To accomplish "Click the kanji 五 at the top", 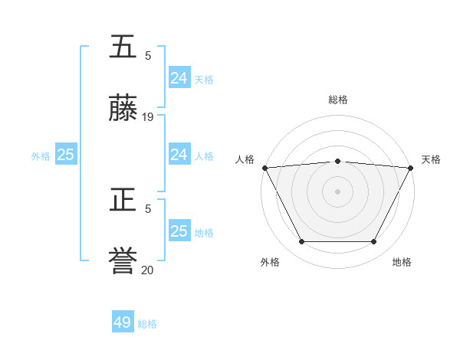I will coord(123,47).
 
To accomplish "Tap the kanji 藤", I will coord(123,110).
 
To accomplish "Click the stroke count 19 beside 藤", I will coord(148,117).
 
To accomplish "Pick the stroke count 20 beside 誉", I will coord(148,270).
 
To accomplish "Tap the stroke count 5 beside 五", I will coord(148,55).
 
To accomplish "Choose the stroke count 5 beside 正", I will coord(148,208).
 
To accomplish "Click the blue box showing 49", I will coord(123,322).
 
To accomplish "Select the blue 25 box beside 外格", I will coord(66,155).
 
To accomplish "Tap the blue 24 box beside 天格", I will coord(179,78).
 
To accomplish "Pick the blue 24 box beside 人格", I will coord(179,155).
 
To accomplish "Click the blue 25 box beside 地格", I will coord(179,231).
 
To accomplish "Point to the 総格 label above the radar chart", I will coord(338,100).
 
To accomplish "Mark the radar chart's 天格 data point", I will coord(411,168).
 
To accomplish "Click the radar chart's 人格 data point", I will coord(264,168).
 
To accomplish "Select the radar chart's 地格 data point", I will coord(374,242).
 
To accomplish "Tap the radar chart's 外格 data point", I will coord(301,242).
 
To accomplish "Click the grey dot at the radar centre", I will coord(338,191).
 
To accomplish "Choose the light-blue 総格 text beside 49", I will coord(147,324).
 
